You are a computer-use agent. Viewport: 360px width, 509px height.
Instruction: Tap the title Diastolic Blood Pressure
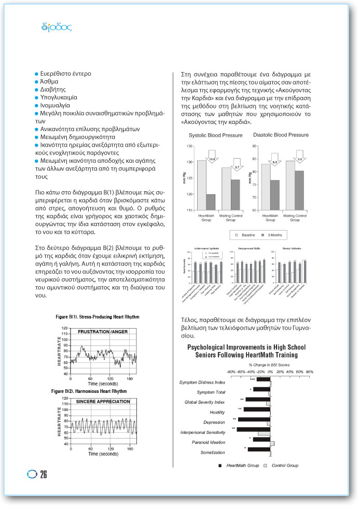281,135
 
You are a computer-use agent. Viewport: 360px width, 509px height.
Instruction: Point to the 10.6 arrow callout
212,152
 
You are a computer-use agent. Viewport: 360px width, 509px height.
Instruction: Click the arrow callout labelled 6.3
275,162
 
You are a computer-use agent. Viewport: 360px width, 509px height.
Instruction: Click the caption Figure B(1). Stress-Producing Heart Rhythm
98,316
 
